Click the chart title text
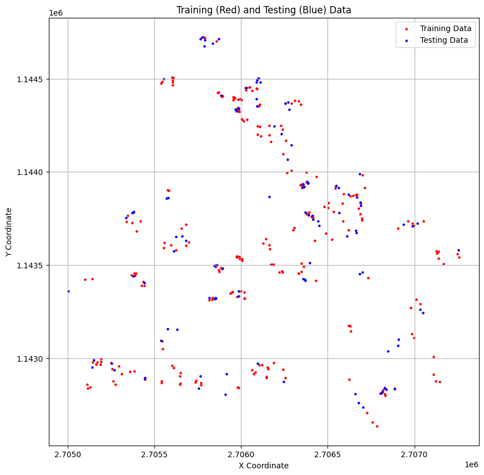coord(264,10)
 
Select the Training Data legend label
coord(446,28)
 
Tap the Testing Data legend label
coord(444,40)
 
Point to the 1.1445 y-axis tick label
coord(31,79)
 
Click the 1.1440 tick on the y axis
coord(31,172)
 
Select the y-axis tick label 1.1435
coord(31,265)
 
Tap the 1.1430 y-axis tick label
coord(31,358)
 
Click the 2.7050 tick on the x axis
coord(68,455)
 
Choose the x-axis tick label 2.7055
coord(155,455)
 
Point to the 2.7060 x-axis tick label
coord(241,455)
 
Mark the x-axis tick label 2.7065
coord(327,455)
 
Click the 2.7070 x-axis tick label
coord(415,455)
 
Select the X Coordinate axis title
coord(264,466)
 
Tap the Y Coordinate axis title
coord(9,232)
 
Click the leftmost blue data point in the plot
coord(68,291)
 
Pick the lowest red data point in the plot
coord(377,426)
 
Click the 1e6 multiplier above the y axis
coord(56,13)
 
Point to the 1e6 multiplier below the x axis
coord(471,464)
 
